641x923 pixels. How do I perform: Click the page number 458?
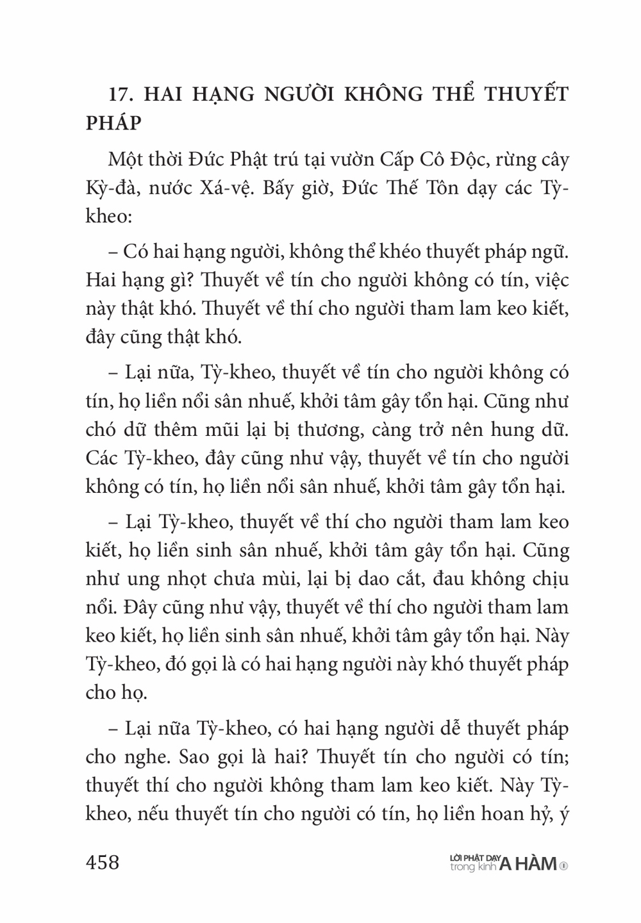103,862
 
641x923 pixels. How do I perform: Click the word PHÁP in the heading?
113,122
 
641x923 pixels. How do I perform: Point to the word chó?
102,430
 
